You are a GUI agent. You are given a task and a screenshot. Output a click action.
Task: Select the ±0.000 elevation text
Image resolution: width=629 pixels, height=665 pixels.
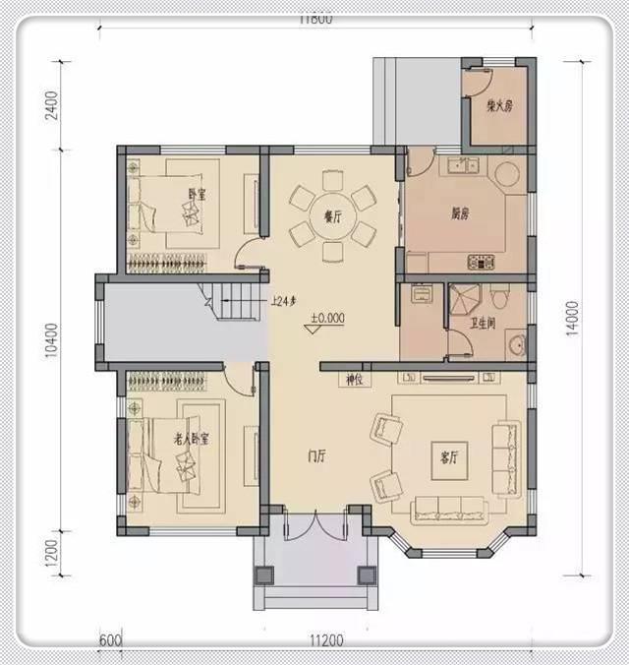327,320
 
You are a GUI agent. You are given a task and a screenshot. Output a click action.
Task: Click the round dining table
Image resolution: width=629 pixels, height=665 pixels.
330,216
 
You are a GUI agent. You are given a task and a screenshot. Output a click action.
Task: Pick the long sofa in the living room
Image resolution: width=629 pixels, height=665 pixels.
448,509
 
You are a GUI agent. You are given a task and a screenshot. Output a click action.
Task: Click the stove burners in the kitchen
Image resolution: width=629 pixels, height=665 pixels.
481,262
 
